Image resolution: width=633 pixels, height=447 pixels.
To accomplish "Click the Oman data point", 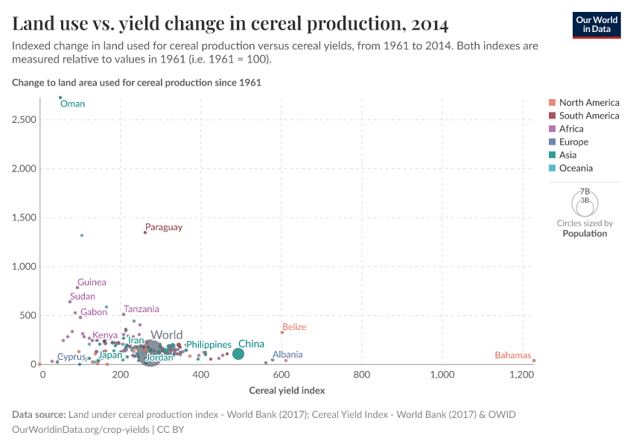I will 60,98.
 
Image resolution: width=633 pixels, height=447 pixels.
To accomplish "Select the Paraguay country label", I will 163,227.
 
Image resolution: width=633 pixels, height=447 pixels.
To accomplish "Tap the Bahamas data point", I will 534,361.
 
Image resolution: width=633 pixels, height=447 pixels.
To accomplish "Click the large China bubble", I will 238,354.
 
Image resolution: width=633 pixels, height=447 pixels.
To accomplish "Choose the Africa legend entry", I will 571,129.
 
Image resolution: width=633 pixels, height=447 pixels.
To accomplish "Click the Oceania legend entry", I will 576,168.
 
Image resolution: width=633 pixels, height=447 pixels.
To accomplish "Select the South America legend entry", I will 588,115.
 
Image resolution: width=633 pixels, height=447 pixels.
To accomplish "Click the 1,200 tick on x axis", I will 521,375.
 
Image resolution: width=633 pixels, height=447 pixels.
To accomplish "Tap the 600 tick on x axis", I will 282,375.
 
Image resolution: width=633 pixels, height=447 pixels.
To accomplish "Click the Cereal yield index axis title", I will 287,390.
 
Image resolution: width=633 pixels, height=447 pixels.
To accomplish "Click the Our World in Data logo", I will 597,25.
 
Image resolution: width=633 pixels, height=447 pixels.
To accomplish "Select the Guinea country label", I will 92,282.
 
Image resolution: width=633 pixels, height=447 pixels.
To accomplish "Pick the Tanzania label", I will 141,309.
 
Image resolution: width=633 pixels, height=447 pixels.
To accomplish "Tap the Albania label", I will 287,355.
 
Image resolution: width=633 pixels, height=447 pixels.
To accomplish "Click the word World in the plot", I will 166,335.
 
